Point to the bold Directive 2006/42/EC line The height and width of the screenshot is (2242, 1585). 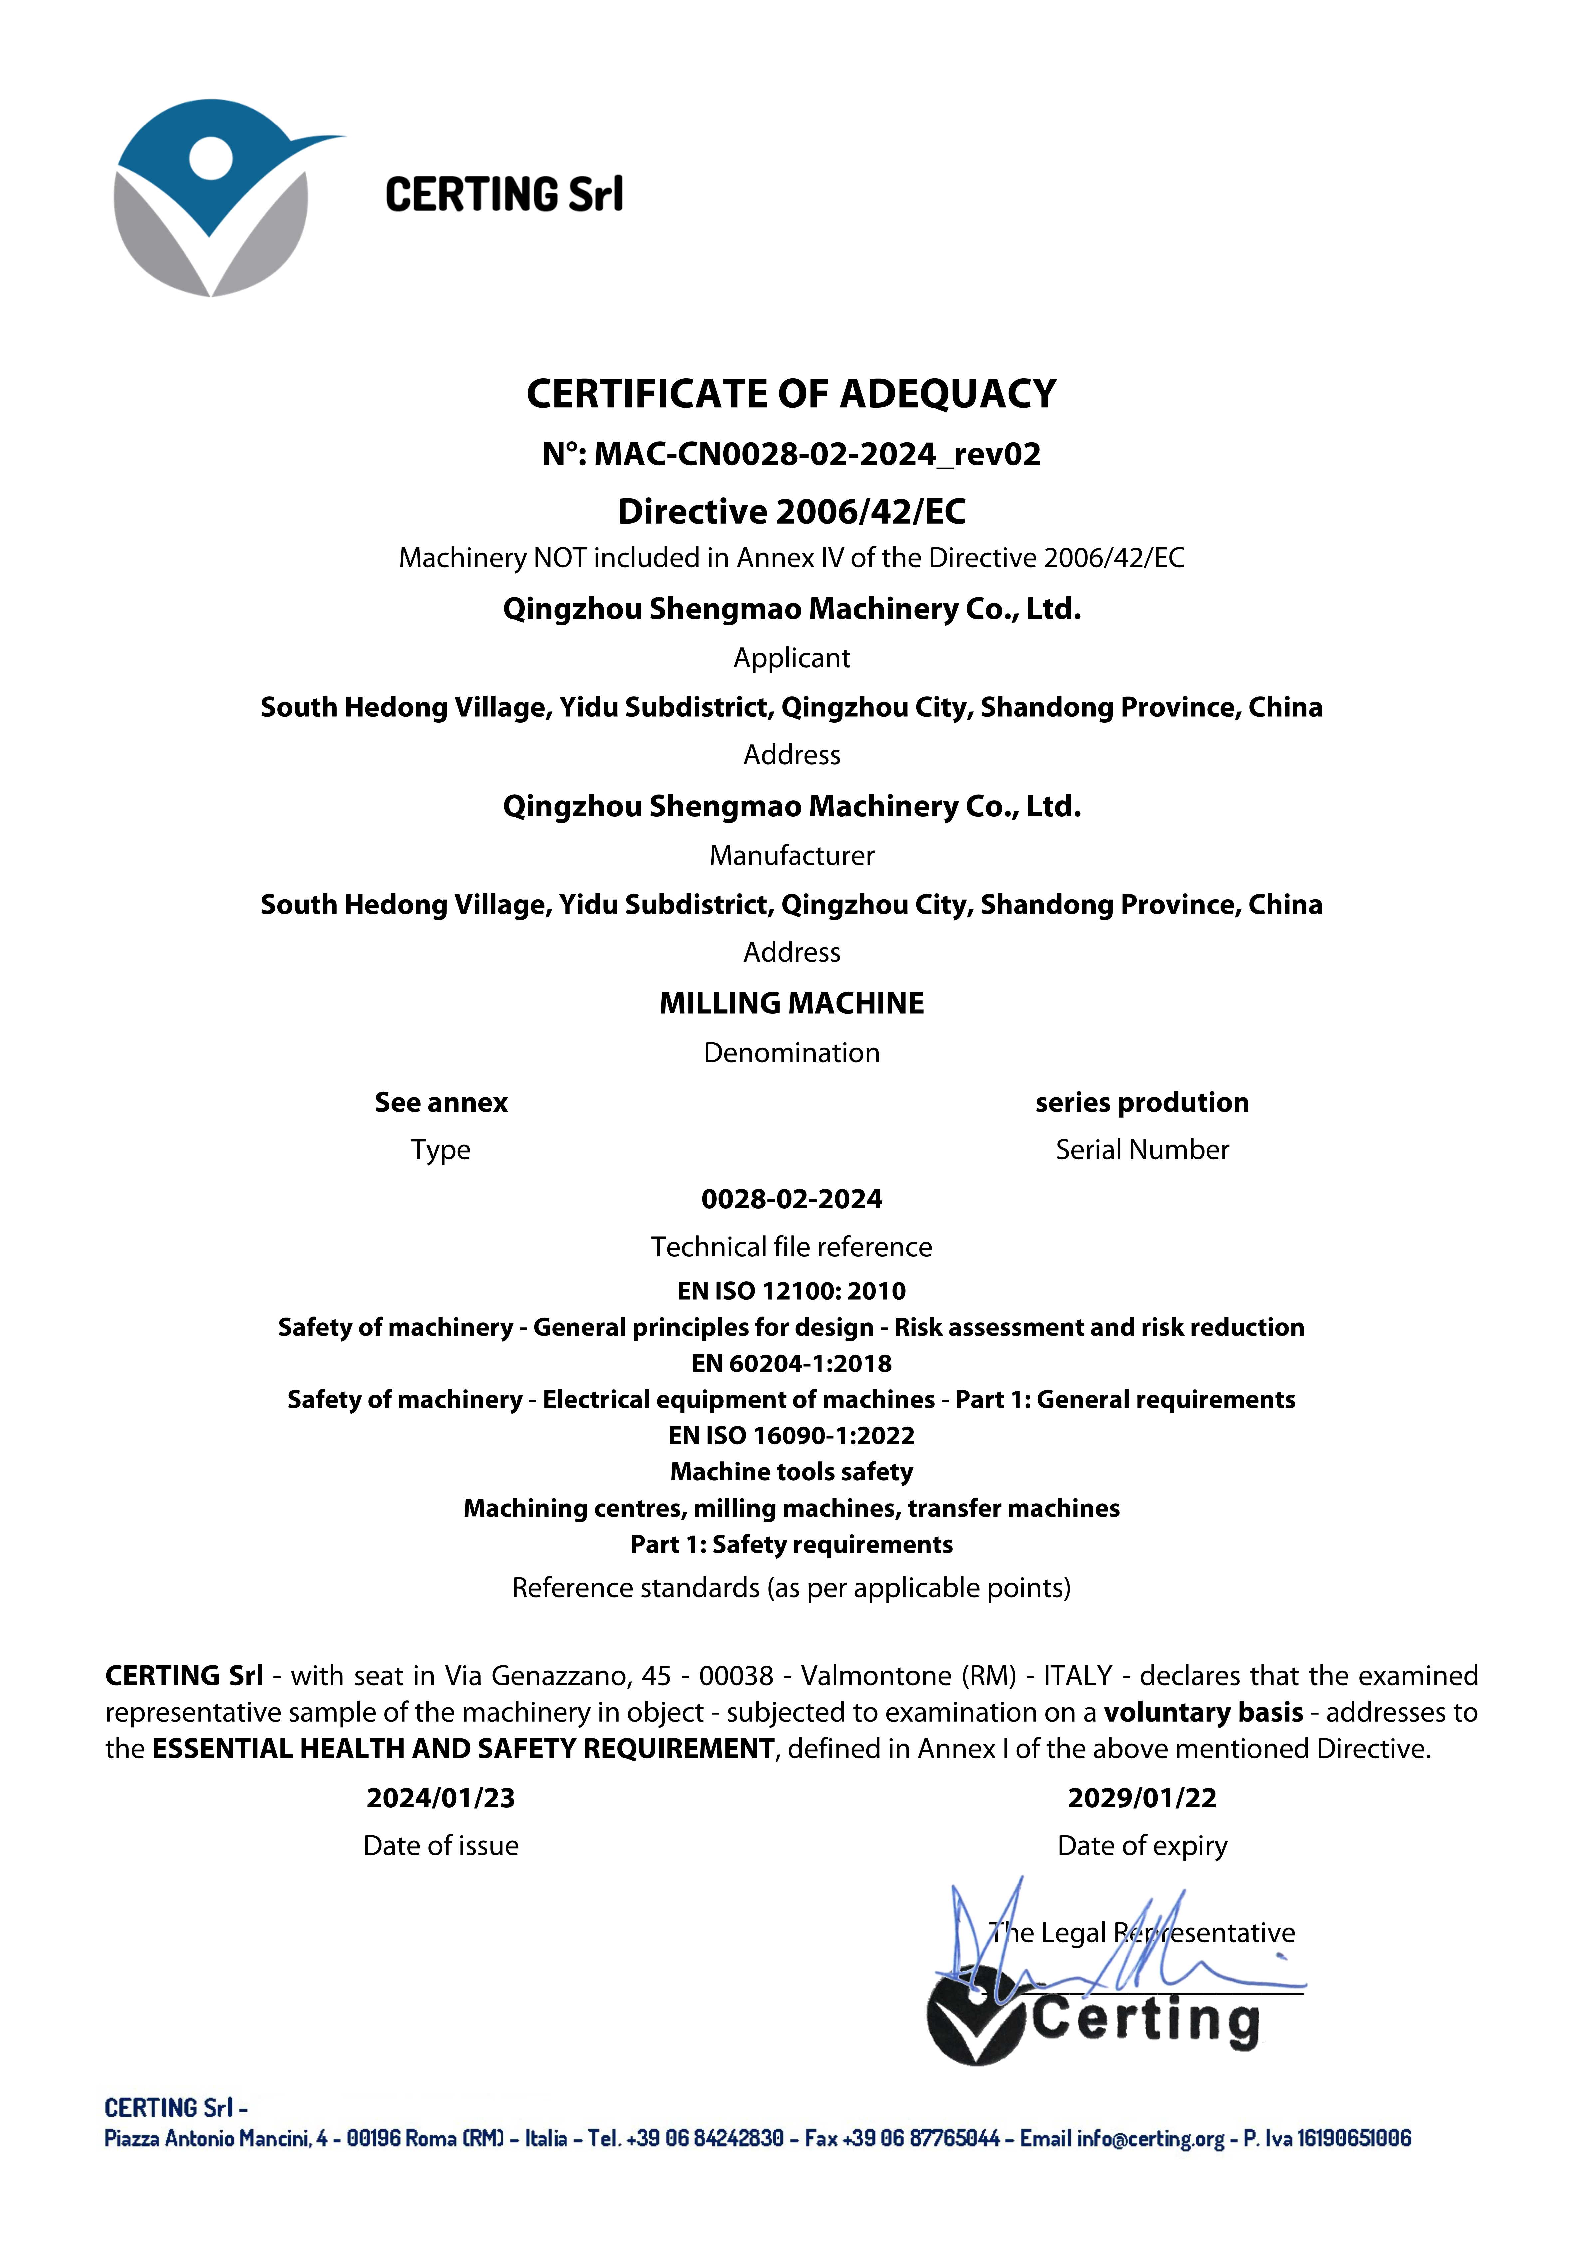[791, 511]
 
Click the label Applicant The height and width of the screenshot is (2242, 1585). [791, 658]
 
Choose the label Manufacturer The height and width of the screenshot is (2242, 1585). [791, 856]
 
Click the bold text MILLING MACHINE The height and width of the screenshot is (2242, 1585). [791, 1003]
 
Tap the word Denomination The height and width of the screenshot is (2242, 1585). [791, 1053]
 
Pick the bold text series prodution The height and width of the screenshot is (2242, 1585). [1142, 1103]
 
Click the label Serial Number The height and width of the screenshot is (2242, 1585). [1142, 1150]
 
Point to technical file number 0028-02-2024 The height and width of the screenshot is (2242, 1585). [791, 1199]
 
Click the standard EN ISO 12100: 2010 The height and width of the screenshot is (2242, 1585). [791, 1291]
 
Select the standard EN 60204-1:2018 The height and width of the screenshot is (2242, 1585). [791, 1363]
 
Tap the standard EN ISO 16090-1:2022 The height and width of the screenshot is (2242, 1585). [791, 1435]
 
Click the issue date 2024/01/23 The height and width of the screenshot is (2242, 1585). [440, 1798]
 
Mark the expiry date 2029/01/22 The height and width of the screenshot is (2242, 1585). [1142, 1798]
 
